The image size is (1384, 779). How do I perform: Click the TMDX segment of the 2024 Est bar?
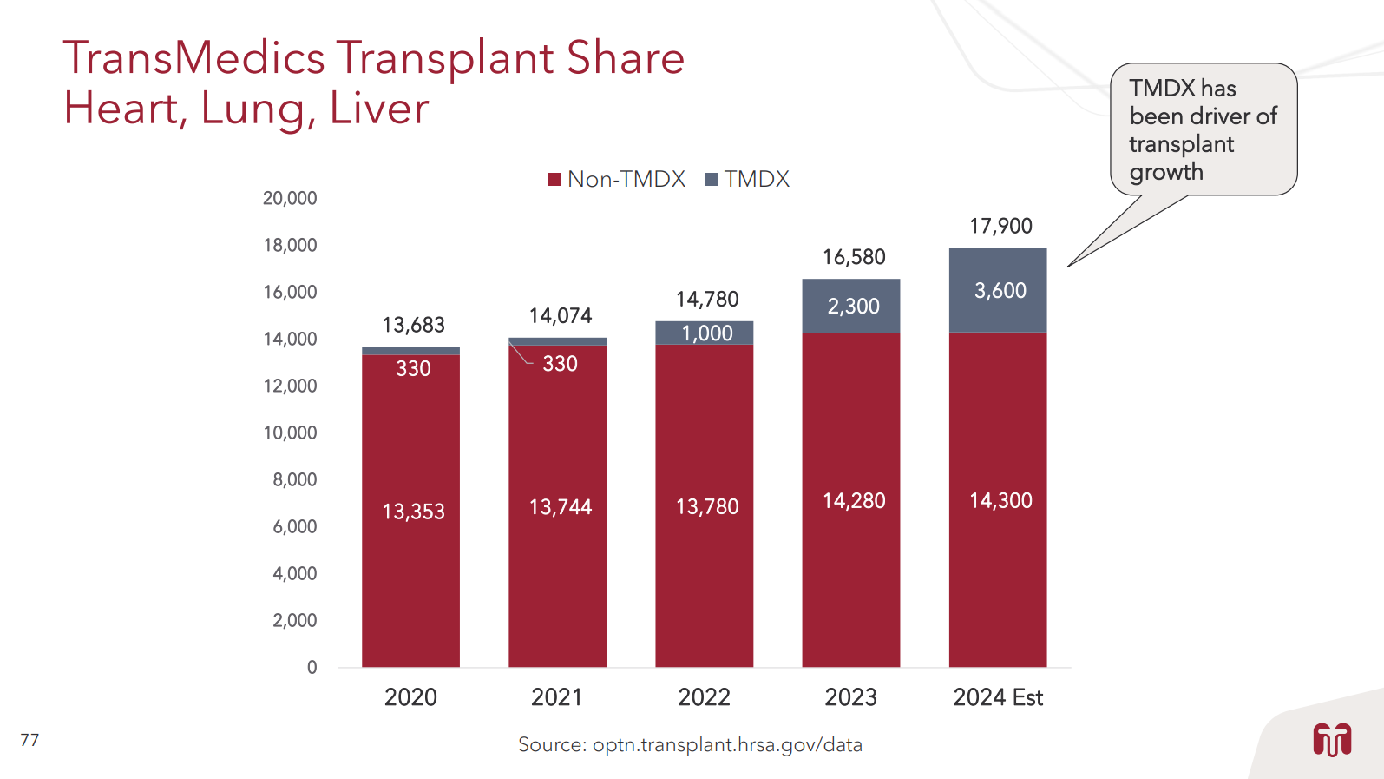point(998,290)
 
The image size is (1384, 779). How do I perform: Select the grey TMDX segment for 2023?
point(851,306)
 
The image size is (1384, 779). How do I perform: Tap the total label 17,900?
point(1000,227)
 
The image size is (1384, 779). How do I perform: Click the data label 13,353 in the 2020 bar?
point(413,512)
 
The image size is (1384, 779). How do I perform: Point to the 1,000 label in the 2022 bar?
point(706,333)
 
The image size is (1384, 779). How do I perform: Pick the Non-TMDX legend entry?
point(617,179)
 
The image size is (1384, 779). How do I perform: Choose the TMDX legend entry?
point(748,179)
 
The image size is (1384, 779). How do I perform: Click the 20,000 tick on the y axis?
point(290,198)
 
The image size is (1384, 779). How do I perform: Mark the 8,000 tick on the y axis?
point(294,479)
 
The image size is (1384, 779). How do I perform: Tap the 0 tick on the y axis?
point(312,667)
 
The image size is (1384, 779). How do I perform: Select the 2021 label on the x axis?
point(557,697)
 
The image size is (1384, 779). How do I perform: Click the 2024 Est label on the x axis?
point(998,697)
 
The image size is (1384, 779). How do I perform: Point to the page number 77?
point(30,740)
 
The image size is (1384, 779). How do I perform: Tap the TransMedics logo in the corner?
point(1332,740)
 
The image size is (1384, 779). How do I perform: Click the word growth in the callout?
point(1166,172)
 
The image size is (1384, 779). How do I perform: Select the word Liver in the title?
point(379,109)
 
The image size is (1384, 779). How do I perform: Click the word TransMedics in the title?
point(193,58)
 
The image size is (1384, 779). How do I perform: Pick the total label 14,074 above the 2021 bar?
point(561,316)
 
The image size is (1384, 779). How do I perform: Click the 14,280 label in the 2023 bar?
point(854,501)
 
